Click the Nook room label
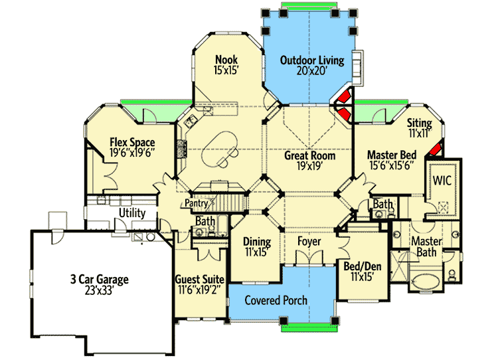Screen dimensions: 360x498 point(226,59)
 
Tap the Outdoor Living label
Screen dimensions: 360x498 point(312,60)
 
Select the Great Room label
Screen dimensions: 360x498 point(309,156)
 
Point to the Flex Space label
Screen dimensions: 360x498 point(132,142)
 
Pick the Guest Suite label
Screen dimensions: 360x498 point(199,280)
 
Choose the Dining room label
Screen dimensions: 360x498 point(256,242)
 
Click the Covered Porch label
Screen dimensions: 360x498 point(276,300)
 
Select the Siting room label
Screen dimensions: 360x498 point(420,123)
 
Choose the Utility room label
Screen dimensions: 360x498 point(132,213)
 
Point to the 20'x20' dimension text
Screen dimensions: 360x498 point(312,72)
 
